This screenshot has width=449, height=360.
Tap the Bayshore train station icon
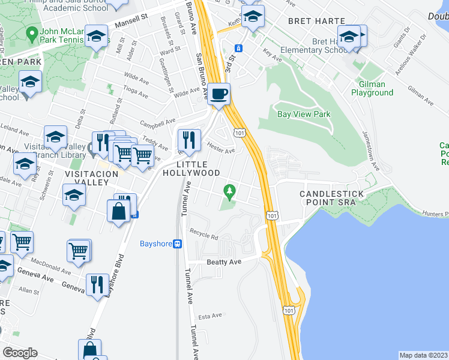coord(178,244)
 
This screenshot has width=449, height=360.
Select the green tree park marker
coord(229,192)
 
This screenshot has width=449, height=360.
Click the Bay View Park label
coord(304,114)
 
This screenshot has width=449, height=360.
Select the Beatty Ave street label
coord(223,262)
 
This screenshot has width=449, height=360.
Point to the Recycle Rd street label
coord(203,234)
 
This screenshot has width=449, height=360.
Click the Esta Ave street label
coord(210,316)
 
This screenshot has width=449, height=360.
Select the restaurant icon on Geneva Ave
coord(97,284)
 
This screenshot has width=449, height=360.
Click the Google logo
coord(20,353)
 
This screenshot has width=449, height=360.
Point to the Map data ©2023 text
coord(424,355)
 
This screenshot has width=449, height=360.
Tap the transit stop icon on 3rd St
coord(238,48)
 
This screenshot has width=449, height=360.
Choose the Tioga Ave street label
coord(136,91)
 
